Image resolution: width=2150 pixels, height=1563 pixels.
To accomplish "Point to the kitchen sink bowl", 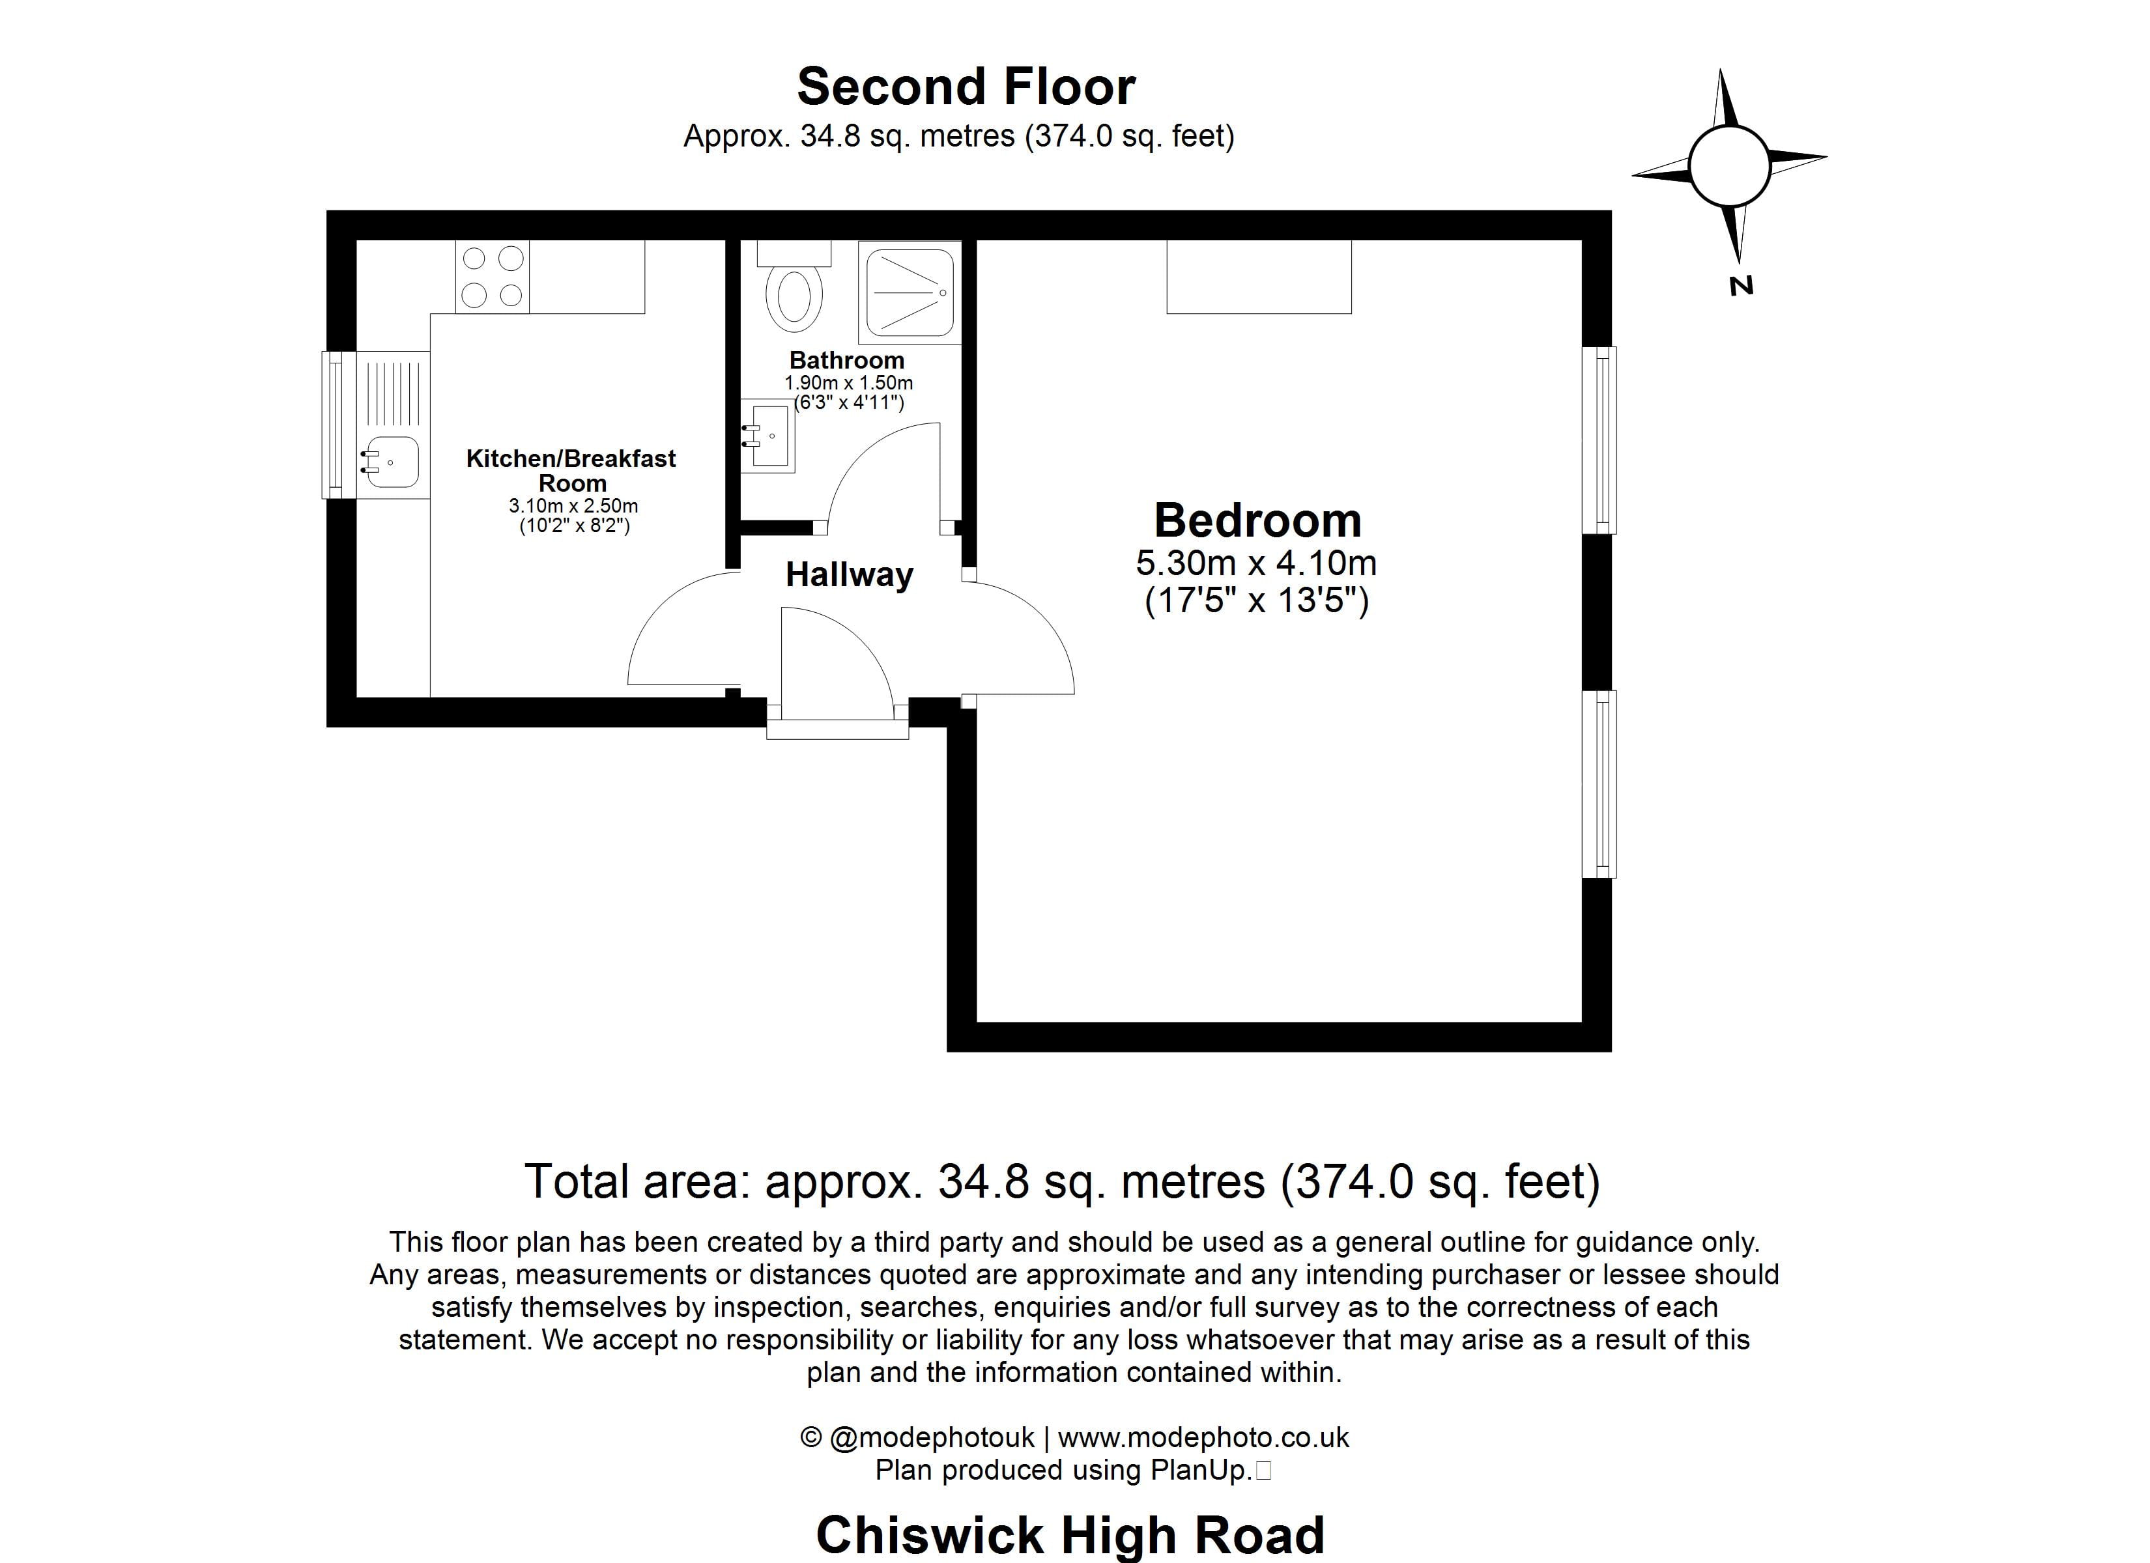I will (392, 462).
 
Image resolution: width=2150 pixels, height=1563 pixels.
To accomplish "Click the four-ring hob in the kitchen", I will (492, 276).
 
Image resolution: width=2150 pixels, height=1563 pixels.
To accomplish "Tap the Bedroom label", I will (1257, 520).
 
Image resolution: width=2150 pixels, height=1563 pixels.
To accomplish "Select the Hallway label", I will (848, 574).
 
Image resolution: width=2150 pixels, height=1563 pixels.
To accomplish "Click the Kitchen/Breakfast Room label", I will (571, 470).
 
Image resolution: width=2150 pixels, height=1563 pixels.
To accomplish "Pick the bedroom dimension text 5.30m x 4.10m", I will (1256, 563).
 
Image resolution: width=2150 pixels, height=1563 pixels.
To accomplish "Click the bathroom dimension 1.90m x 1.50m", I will (848, 383).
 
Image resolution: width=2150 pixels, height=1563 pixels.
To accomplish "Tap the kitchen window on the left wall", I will (333, 425).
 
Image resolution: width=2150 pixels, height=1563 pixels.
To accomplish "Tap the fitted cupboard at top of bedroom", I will (1258, 276).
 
